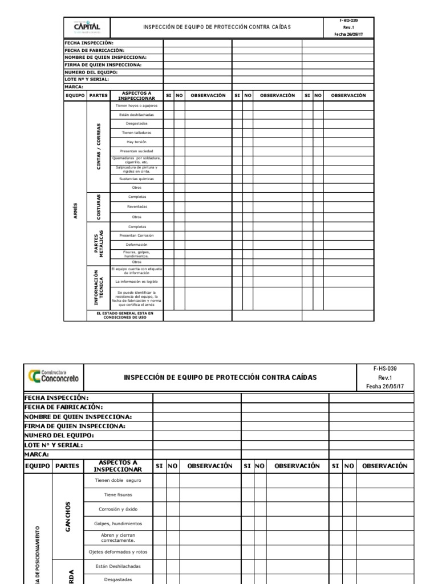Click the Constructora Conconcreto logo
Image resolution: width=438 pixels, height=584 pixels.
[53, 376]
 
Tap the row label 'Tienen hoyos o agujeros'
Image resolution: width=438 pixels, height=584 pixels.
[136, 106]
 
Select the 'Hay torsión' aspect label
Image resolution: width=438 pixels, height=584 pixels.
[136, 141]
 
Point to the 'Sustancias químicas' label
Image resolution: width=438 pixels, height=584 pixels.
[136, 179]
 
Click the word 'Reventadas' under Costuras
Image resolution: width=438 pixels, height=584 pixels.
[136, 207]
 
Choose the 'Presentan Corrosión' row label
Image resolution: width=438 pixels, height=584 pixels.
[136, 235]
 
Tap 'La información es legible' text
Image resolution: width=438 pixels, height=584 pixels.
[136, 281]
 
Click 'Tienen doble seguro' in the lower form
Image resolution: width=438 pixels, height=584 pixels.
[117, 481]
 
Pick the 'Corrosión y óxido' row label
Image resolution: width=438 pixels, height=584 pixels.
[117, 509]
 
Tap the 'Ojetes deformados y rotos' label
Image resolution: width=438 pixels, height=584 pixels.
[117, 551]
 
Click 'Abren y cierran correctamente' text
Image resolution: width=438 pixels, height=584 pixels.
[117, 537]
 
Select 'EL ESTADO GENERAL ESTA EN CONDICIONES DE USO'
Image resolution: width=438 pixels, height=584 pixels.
[124, 315]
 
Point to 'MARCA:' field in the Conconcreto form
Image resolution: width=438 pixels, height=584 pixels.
[36, 455]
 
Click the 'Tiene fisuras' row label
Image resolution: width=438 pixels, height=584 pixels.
[117, 494]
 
